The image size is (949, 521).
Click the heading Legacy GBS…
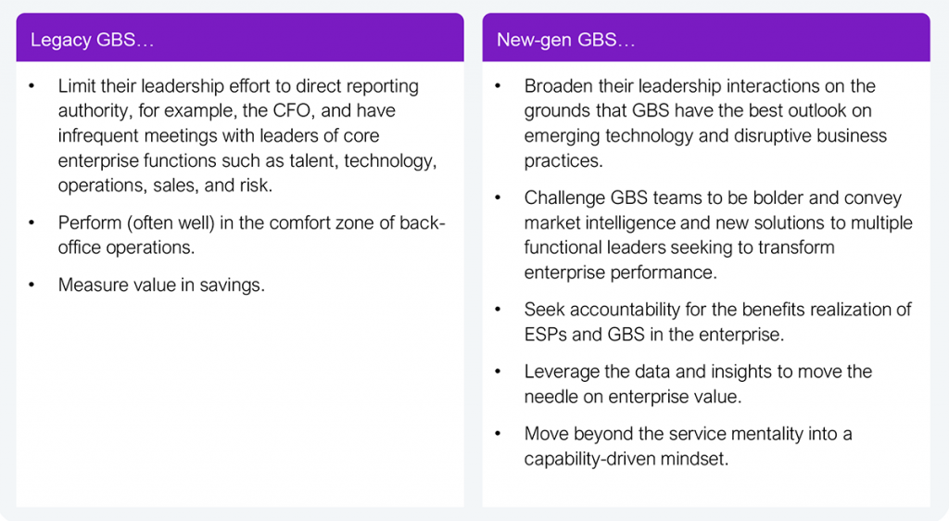(x=92, y=40)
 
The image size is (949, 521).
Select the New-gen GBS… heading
(x=566, y=40)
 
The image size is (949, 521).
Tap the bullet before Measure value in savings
(x=32, y=285)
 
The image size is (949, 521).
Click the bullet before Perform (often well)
(x=32, y=222)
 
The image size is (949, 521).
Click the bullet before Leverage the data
(x=498, y=372)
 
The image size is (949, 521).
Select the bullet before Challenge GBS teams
(x=498, y=197)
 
